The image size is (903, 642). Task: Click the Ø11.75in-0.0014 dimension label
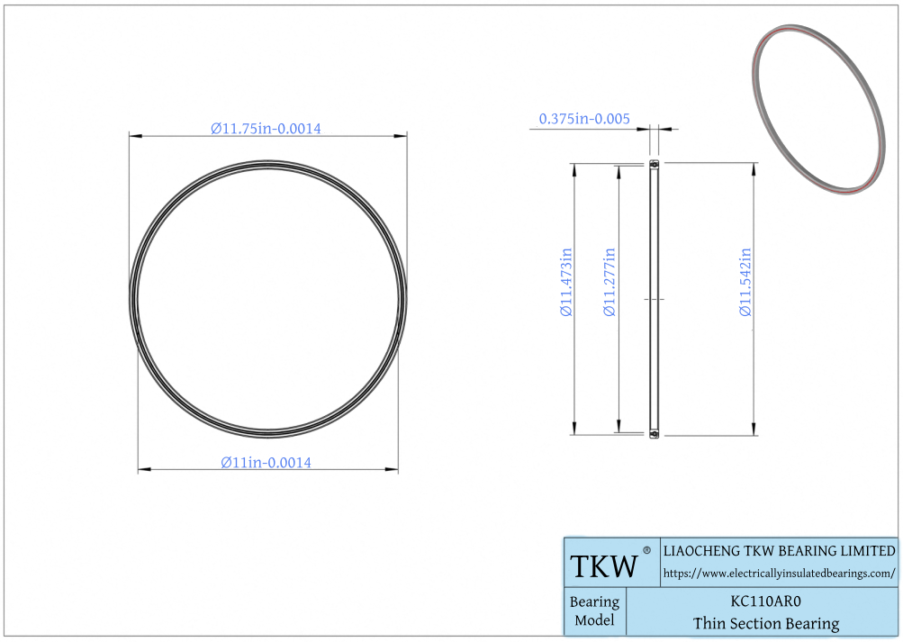coord(266,128)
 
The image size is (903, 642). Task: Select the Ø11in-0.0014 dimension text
coord(266,462)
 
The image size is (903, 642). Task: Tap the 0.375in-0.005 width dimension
coord(584,119)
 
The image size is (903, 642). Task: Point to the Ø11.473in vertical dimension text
coord(566,282)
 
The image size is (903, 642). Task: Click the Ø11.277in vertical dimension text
coord(610,282)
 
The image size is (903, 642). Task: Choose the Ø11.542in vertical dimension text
coord(745,282)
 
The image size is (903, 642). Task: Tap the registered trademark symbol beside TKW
coord(646,550)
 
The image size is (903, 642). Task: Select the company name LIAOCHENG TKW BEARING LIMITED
coord(779,550)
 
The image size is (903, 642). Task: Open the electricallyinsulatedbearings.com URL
coord(779,574)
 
